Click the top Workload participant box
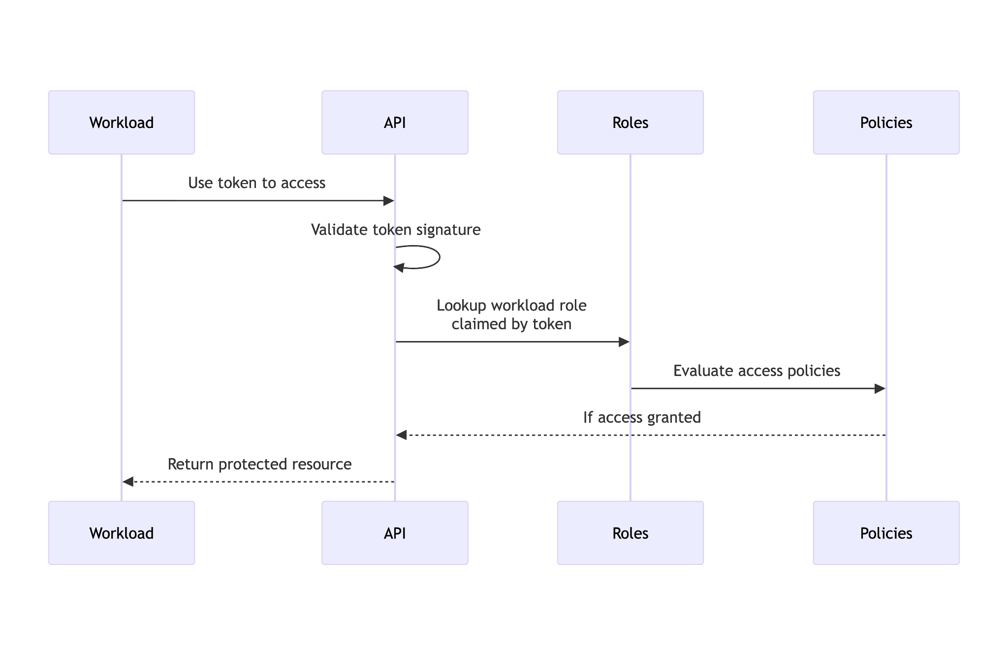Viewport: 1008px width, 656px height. coord(122,122)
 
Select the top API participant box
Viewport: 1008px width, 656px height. coord(395,122)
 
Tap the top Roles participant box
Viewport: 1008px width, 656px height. coord(630,122)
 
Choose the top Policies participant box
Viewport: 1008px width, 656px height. coord(886,122)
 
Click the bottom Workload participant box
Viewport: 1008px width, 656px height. coord(122,533)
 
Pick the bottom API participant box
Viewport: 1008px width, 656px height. coord(395,533)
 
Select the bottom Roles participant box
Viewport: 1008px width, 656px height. coord(630,533)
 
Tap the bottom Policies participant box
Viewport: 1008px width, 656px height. coord(886,533)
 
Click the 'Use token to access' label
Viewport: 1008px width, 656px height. coord(256,183)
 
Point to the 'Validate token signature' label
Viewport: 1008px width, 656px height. coord(396,230)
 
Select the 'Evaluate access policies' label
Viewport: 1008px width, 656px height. coord(756,371)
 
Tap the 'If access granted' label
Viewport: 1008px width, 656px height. coord(642,417)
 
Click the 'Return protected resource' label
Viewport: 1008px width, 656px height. coord(259,464)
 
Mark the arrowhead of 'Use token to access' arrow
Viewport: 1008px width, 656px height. coord(389,201)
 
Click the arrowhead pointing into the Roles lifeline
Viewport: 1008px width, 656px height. coord(624,342)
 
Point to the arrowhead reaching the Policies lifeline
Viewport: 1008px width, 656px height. coord(880,389)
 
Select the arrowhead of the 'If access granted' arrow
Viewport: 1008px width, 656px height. coord(402,435)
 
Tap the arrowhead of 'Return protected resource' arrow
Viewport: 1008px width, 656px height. coord(128,482)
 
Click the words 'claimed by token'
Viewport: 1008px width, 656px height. coord(511,324)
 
